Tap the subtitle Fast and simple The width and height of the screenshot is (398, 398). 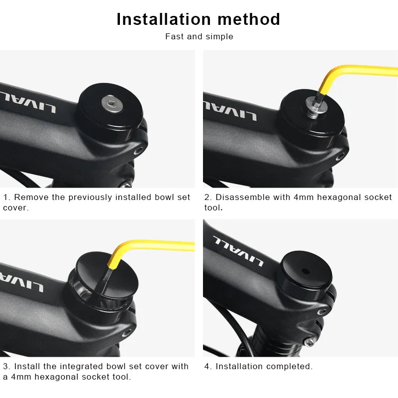coord(199,36)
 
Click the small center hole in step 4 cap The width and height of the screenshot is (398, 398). coord(305,272)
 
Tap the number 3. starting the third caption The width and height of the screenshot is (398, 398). coord(6,366)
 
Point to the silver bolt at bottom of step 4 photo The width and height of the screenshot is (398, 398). coord(309,342)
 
